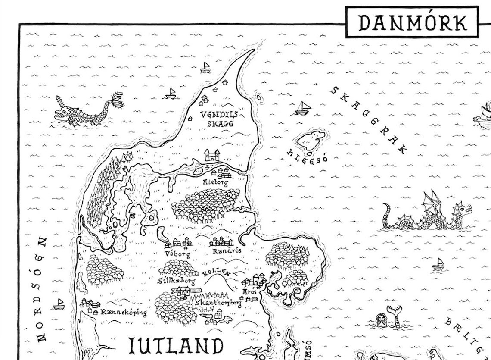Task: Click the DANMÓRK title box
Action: click(413, 22)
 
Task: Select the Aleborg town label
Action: click(215, 182)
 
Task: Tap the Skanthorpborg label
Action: click(218, 303)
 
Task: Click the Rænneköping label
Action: click(123, 312)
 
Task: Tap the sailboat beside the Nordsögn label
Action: click(59, 304)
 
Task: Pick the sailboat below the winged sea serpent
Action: click(438, 263)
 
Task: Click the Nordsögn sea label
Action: click(42, 288)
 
